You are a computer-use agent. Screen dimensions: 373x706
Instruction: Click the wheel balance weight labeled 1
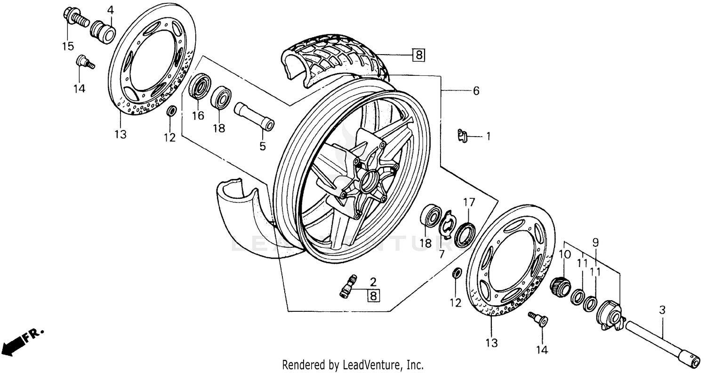click(463, 136)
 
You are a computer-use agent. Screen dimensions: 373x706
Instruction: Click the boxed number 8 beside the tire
click(418, 56)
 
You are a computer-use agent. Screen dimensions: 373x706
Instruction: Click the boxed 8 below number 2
click(373, 296)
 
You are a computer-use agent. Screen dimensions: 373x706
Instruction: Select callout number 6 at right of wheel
click(476, 91)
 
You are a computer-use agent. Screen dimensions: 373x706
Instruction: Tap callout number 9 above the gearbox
click(595, 243)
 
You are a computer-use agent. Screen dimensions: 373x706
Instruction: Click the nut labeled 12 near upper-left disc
click(172, 112)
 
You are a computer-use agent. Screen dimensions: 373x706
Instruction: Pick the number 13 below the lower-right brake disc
click(491, 343)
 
